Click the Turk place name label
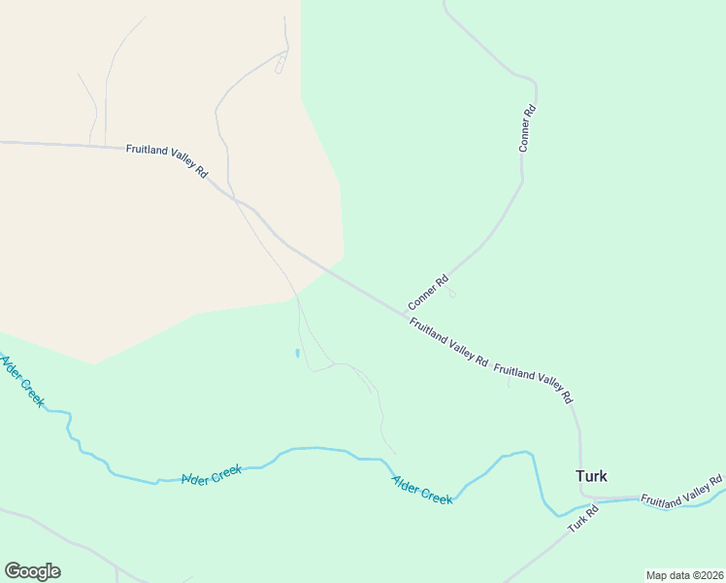point(591,476)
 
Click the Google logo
point(32,571)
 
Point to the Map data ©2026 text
point(684,575)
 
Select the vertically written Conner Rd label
point(527,129)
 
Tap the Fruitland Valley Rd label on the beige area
point(167,160)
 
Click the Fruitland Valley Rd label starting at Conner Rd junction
point(448,342)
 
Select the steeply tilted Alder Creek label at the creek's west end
point(21,381)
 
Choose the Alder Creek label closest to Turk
point(422,489)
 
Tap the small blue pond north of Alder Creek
point(297,353)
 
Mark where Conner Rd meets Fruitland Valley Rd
point(406,314)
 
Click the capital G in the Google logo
point(13,571)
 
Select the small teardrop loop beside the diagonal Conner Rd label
point(451,293)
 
